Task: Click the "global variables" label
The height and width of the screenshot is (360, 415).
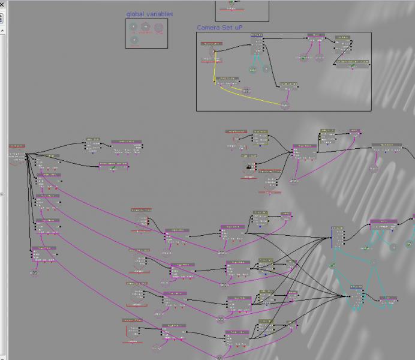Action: (149, 14)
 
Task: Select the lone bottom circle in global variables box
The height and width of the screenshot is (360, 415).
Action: (134, 40)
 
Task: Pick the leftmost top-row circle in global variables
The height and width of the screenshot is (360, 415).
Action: (133, 26)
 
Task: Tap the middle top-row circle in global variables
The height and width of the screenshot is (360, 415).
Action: (146, 26)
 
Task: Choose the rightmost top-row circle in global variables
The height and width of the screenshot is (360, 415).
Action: (159, 26)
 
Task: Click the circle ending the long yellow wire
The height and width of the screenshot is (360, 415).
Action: (284, 106)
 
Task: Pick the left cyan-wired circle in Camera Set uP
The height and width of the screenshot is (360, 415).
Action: (252, 70)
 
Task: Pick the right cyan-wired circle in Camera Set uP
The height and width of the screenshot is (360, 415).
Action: (266, 70)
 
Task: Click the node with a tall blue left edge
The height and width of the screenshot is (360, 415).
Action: (338, 237)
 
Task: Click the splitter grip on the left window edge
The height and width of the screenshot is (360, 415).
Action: (2, 194)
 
